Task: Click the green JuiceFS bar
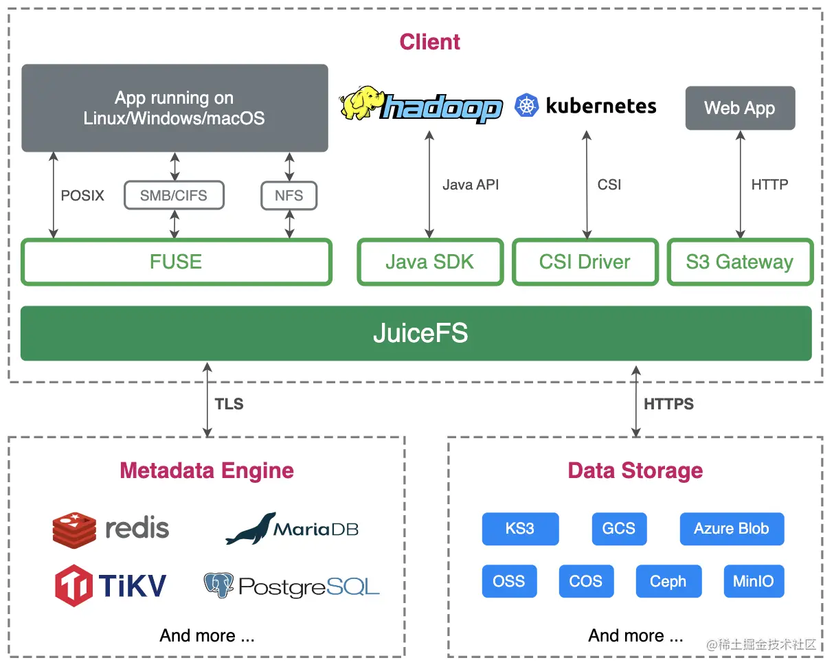coord(416,333)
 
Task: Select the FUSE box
coord(177,262)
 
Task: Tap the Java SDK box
coord(430,262)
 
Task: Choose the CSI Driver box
coord(585,262)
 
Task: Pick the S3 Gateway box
coord(740,262)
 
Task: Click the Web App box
coord(740,108)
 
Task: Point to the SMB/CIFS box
coord(174,196)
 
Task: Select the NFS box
coord(289,196)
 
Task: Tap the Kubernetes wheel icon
coord(527,106)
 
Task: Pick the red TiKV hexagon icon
coord(74,585)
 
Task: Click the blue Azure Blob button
coord(732,529)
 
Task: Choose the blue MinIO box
coord(754,581)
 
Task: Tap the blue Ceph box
coord(668,581)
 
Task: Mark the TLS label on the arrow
coord(229,404)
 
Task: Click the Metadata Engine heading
coord(207,470)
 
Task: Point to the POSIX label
coord(82,196)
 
